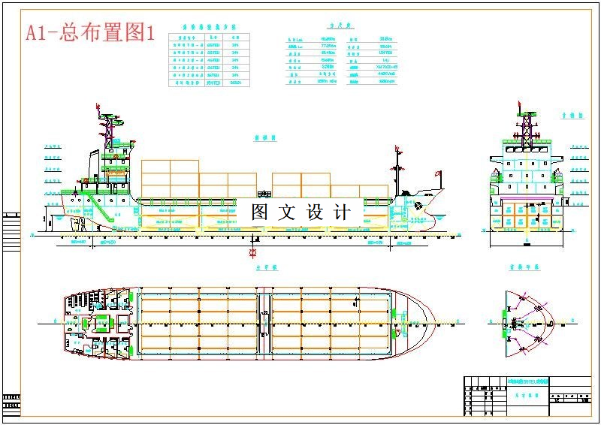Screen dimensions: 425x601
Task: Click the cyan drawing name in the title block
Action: click(x=527, y=381)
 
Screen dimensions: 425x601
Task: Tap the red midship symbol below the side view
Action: click(x=253, y=252)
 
